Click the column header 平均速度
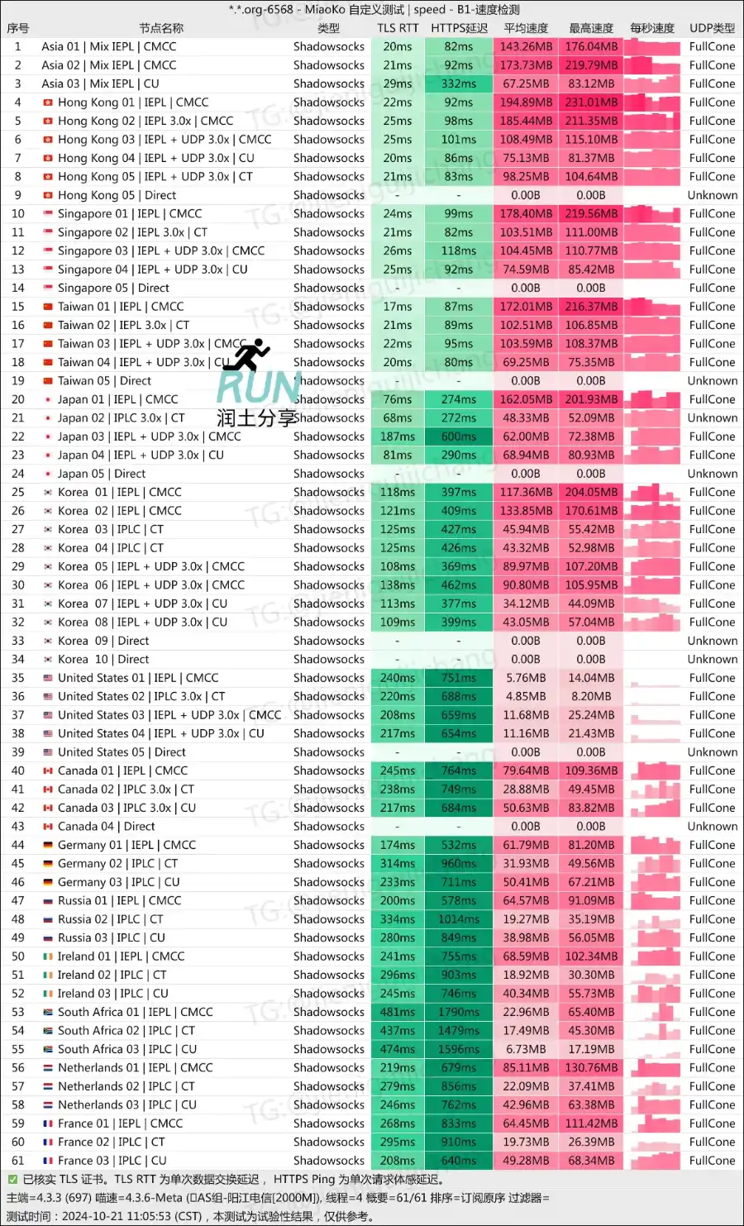pos(526,28)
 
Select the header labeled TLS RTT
pos(398,28)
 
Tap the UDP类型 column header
pos(712,28)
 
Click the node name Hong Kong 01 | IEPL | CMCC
pos(133,103)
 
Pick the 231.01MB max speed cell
pos(591,103)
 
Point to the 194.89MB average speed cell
pos(526,103)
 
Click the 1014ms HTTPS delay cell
pos(459,919)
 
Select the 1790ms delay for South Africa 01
pos(459,1012)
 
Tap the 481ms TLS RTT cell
pos(398,1012)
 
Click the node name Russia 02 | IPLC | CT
pos(111,919)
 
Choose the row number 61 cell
pos(18,1161)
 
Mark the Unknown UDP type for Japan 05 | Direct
pos(712,474)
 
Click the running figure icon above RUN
pos(247,355)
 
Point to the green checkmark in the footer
pos(12,1180)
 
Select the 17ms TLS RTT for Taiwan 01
pos(398,307)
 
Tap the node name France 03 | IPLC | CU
pos(112,1161)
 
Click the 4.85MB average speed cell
pos(526,697)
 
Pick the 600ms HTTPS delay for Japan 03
pos(459,436)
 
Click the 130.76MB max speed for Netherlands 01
pos(591,1068)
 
